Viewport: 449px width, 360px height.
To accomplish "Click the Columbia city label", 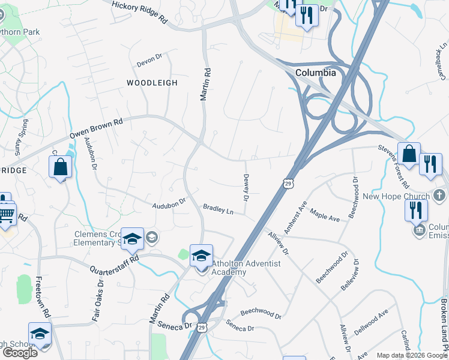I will point(315,72).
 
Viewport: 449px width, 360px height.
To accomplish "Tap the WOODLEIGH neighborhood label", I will point(152,83).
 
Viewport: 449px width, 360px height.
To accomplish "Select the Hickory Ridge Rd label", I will point(139,11).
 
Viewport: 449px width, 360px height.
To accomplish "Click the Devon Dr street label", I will point(149,60).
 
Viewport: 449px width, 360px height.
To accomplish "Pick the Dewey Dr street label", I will point(246,187).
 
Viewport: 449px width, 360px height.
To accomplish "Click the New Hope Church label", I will point(396,196).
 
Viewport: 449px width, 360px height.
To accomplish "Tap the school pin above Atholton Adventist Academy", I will point(202,255).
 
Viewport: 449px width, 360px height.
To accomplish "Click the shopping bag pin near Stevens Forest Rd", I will point(409,154).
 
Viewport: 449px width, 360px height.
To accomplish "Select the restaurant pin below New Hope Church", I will point(416,210).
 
